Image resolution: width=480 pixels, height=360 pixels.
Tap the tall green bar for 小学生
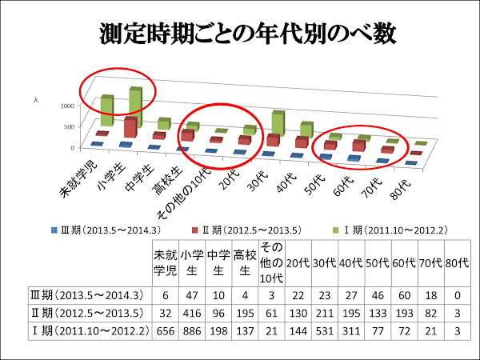[136, 108]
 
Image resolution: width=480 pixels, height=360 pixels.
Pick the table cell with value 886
[191, 329]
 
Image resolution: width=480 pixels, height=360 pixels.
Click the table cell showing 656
[166, 329]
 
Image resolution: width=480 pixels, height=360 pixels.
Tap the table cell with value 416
[191, 311]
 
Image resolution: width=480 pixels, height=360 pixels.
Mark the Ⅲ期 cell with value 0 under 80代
[456, 294]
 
